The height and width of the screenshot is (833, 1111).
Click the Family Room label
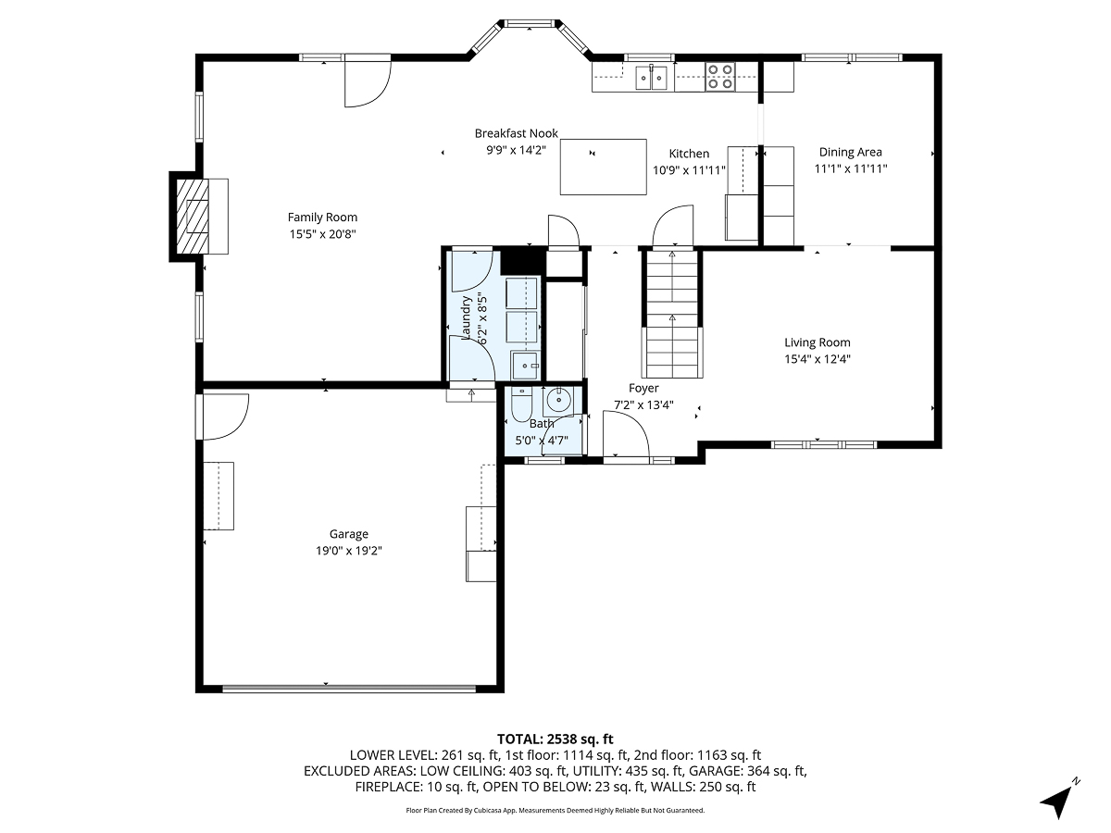tap(322, 218)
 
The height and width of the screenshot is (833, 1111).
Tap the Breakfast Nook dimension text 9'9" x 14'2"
tap(516, 150)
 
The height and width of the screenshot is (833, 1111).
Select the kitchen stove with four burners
tap(720, 77)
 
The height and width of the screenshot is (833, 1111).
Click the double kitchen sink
tap(652, 78)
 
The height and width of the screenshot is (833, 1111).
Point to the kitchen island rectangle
tap(603, 167)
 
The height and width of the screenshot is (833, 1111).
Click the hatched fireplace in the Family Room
tap(193, 217)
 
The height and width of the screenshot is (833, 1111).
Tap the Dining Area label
tap(850, 152)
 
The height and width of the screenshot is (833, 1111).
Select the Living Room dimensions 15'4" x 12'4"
tap(817, 359)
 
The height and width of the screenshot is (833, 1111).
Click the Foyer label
tap(643, 389)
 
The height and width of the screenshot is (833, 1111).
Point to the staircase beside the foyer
tap(672, 315)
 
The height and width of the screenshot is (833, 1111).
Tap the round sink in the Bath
tap(557, 401)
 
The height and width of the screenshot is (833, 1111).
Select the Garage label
tap(348, 534)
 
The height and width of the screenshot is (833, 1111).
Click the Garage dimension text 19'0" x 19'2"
tap(349, 551)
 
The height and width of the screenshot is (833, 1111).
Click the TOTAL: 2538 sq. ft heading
tap(555, 740)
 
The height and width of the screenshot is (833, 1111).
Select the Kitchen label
tap(689, 154)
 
